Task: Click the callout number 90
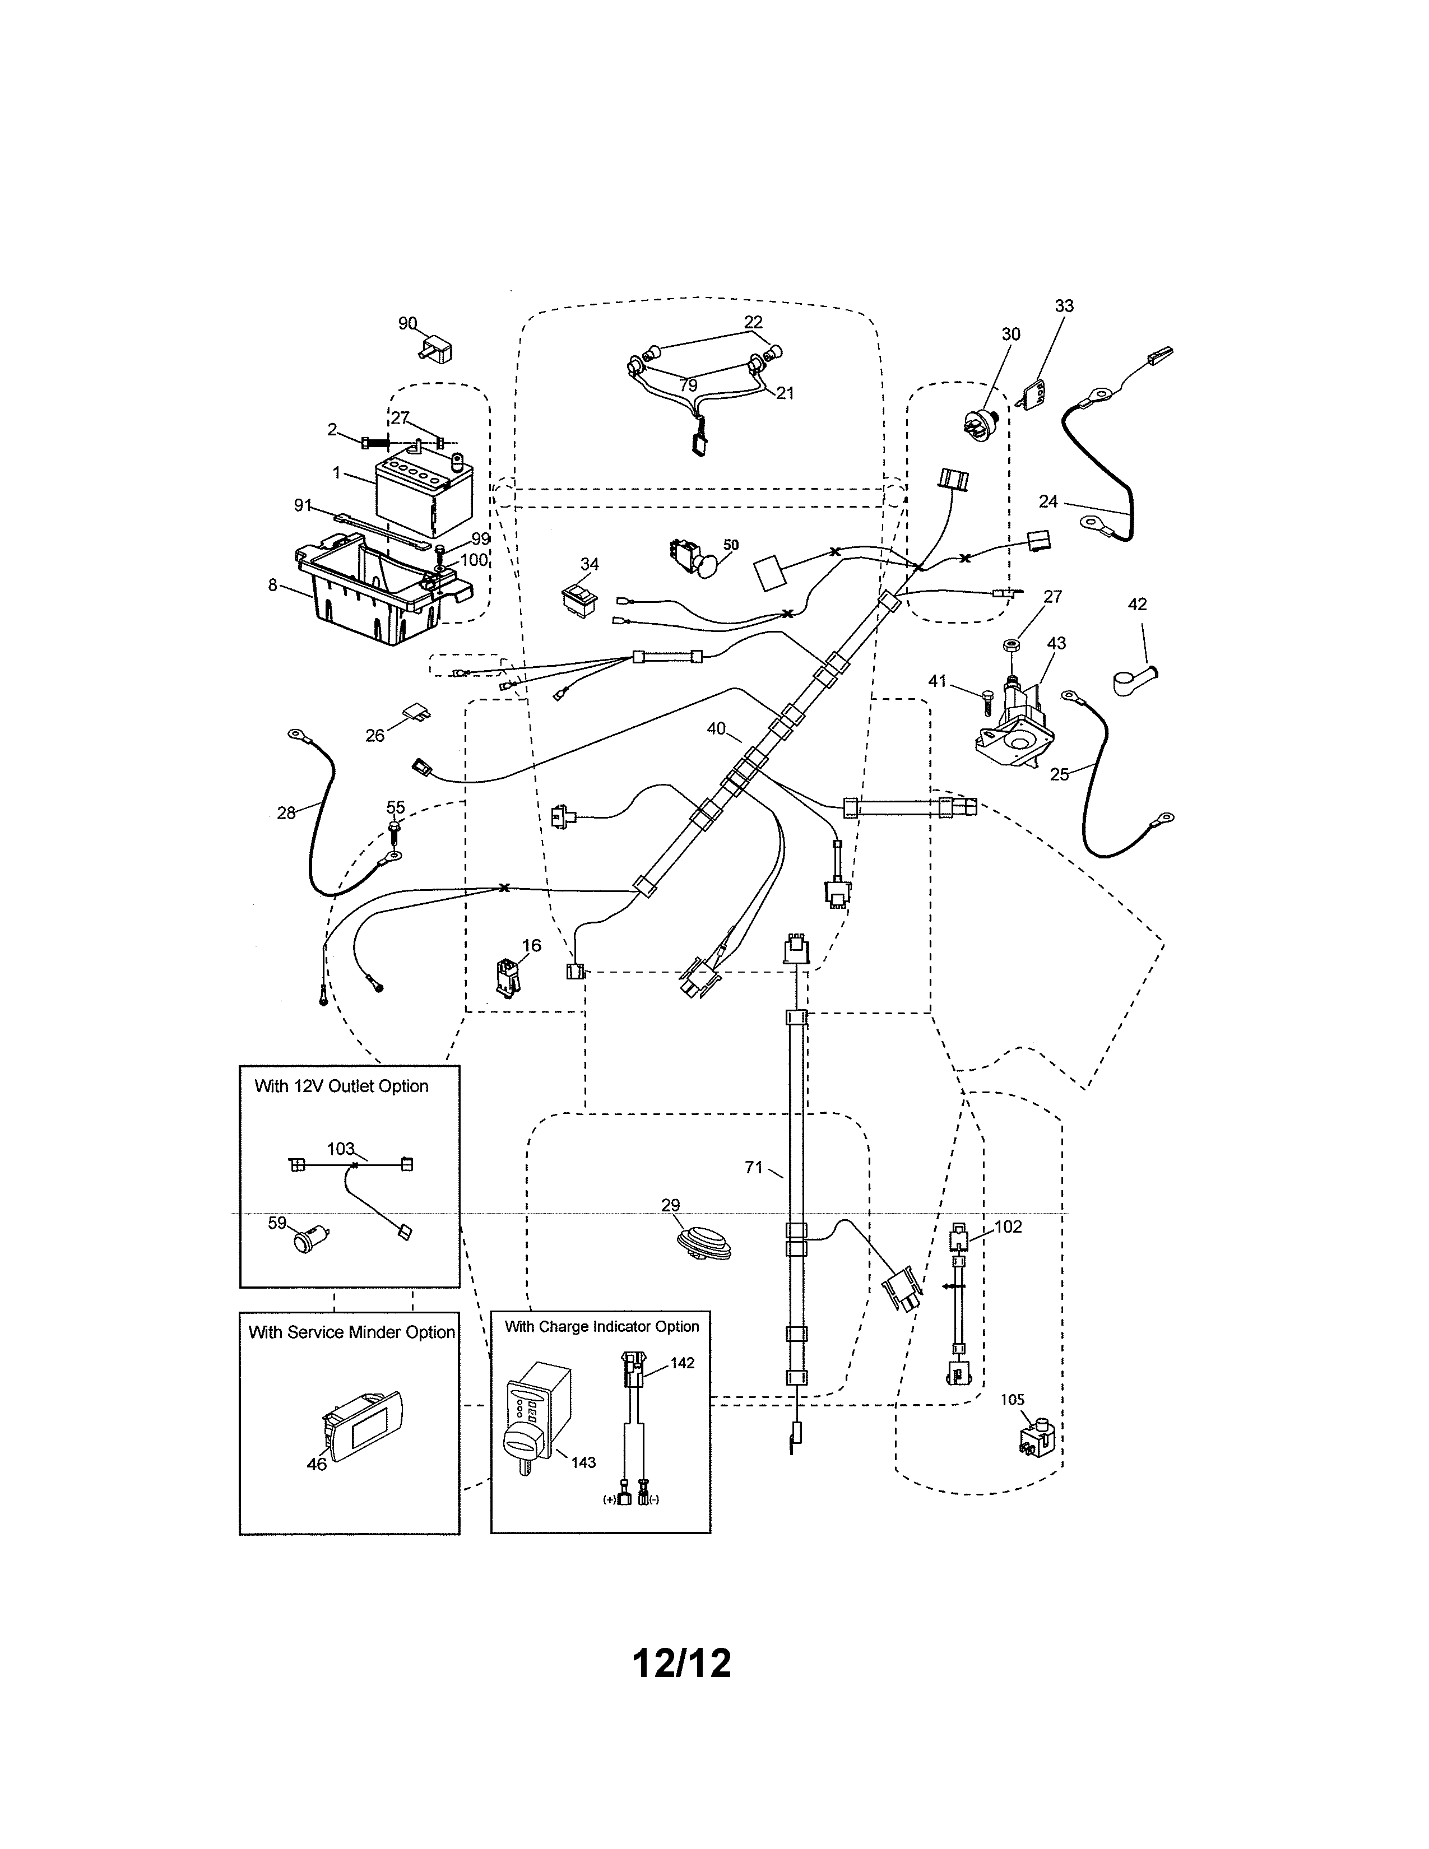(407, 323)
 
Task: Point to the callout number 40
(716, 728)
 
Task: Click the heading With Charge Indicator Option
(601, 1327)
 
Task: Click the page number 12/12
(681, 1664)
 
